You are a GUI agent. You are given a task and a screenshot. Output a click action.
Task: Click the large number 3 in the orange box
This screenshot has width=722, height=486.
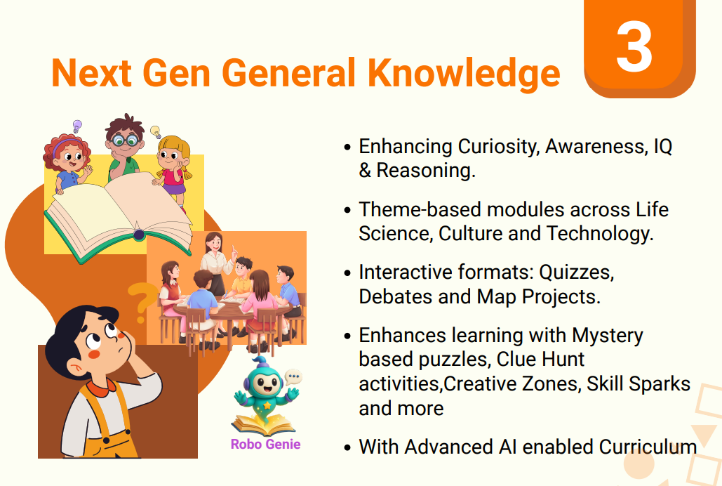click(x=634, y=48)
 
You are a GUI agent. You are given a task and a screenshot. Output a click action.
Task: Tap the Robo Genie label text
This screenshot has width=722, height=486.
click(x=265, y=444)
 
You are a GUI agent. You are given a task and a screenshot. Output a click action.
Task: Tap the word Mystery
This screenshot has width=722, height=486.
click(x=607, y=335)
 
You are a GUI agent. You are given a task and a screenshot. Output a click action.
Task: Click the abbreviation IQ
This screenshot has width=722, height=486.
click(x=662, y=147)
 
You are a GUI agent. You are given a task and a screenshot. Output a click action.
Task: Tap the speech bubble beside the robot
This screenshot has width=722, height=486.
click(x=293, y=378)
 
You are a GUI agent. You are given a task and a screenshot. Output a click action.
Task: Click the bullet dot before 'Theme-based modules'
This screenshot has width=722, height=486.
click(x=347, y=210)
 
